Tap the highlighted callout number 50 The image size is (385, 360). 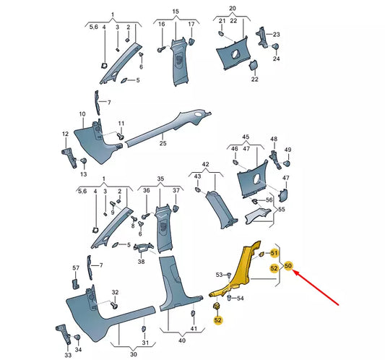[x=289, y=266]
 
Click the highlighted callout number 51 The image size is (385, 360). [x=274, y=253]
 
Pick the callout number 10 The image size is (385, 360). [x=82, y=114]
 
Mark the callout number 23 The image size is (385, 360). [x=276, y=35]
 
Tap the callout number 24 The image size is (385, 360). [x=276, y=60]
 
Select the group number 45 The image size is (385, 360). [x=246, y=137]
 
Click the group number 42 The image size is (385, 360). [x=205, y=165]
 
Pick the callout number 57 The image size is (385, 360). [x=75, y=267]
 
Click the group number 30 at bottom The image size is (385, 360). [x=133, y=355]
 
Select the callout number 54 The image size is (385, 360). [x=241, y=298]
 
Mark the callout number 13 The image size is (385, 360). [x=83, y=175]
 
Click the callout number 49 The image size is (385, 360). [x=287, y=150]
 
